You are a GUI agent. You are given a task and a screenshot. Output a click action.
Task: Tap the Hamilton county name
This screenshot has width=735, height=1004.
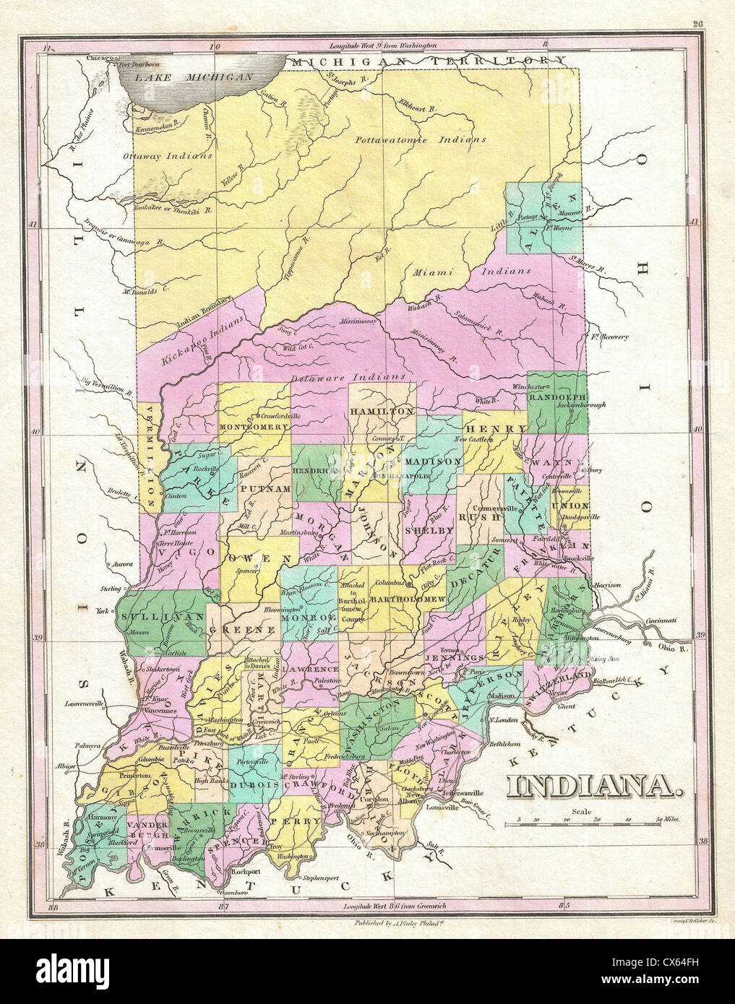click(382, 410)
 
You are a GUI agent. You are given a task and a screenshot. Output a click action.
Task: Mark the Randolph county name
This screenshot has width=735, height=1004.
click(556, 397)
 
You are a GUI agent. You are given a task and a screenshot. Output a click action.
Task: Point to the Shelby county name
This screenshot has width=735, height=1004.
click(429, 530)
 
